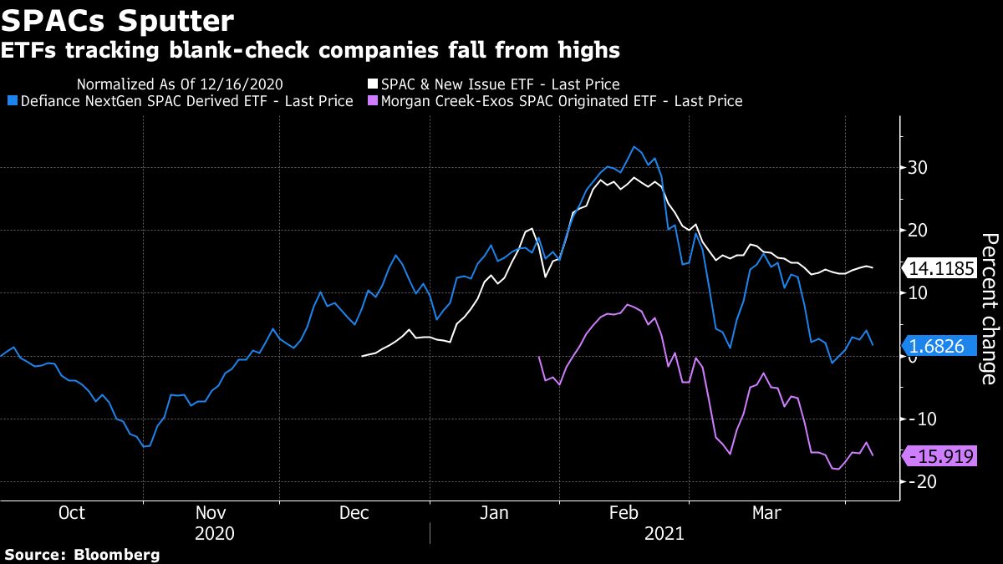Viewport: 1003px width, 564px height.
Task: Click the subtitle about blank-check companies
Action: [x=310, y=51]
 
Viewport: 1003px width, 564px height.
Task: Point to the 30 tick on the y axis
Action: [x=917, y=168]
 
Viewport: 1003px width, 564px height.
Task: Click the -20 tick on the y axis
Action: [x=915, y=482]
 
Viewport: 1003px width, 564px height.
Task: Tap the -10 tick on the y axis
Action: [x=915, y=419]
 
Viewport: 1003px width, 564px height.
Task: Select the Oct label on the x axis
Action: [x=72, y=513]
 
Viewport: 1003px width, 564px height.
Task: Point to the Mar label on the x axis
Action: [x=767, y=513]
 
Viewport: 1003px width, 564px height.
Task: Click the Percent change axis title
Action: [x=988, y=308]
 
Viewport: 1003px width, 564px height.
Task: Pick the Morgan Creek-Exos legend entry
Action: [x=561, y=101]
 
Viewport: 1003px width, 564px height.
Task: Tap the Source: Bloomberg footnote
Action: [x=82, y=554]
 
